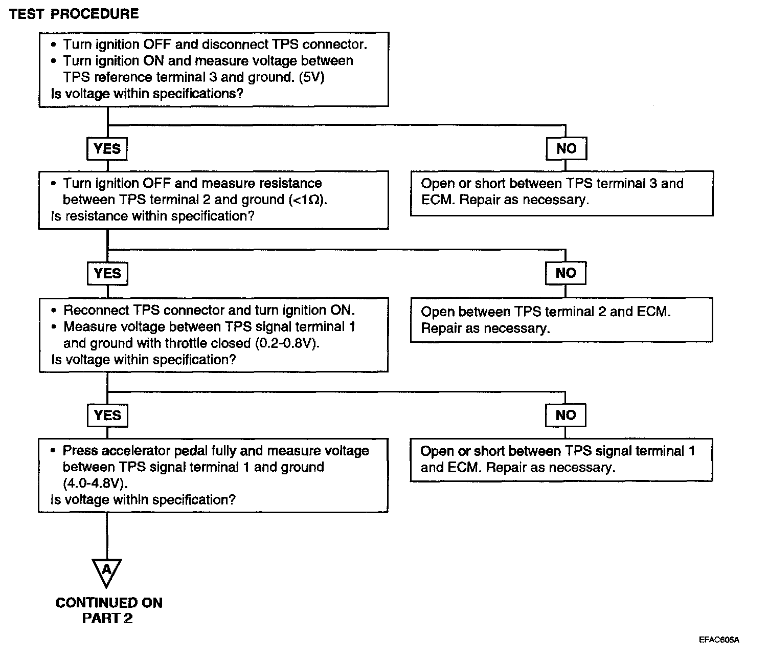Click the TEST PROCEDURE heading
point(74,14)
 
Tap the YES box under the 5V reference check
point(107,149)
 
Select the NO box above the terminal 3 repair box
point(566,148)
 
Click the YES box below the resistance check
point(107,273)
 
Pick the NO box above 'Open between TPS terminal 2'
point(566,273)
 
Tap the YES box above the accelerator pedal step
point(107,415)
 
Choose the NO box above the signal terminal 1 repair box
point(566,415)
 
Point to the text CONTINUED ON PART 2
point(108,610)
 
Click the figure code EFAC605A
point(719,640)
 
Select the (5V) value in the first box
point(311,77)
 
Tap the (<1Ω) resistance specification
point(308,200)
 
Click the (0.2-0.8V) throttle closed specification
point(287,343)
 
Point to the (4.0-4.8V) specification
point(95,484)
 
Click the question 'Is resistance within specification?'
point(152,216)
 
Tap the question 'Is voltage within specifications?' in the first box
point(147,94)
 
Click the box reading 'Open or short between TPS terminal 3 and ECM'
point(562,193)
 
